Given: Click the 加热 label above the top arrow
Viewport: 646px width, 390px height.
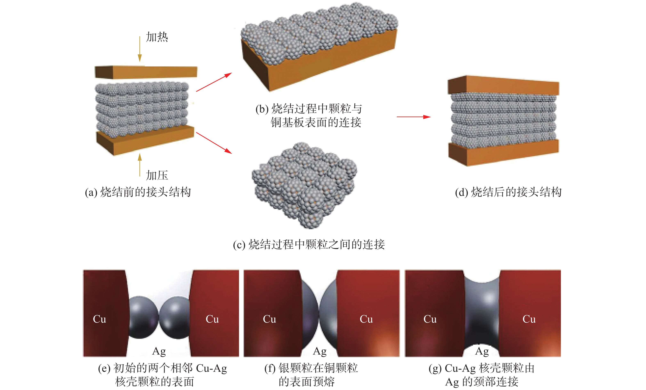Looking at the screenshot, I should pyautogui.click(x=157, y=37).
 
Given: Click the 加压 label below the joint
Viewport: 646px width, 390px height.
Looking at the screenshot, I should pyautogui.click(x=157, y=175).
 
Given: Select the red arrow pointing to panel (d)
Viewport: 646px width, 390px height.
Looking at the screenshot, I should pyautogui.click(x=413, y=117).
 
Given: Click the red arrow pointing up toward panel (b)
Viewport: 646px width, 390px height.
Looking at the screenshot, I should pyautogui.click(x=214, y=82).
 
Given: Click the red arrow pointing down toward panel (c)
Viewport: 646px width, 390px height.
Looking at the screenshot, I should pyautogui.click(x=214, y=143).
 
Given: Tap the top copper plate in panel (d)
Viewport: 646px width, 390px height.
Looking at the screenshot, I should pyautogui.click(x=503, y=85).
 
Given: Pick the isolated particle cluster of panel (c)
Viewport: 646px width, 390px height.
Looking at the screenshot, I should pyautogui.click(x=304, y=185).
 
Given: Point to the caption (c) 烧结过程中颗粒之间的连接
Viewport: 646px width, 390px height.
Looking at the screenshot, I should pyautogui.click(x=309, y=245).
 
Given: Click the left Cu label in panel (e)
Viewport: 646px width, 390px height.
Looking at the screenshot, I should pyautogui.click(x=99, y=319).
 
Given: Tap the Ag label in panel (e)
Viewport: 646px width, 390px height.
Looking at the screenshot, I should pyautogui.click(x=159, y=351).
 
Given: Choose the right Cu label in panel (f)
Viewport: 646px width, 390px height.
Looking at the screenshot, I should pyautogui.click(x=366, y=319).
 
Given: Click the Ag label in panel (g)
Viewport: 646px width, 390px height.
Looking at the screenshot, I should pyautogui.click(x=482, y=351).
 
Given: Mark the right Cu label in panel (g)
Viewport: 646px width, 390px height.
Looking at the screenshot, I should pyautogui.click(x=529, y=319).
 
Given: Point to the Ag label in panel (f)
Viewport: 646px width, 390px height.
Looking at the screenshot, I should pyautogui.click(x=320, y=351).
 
